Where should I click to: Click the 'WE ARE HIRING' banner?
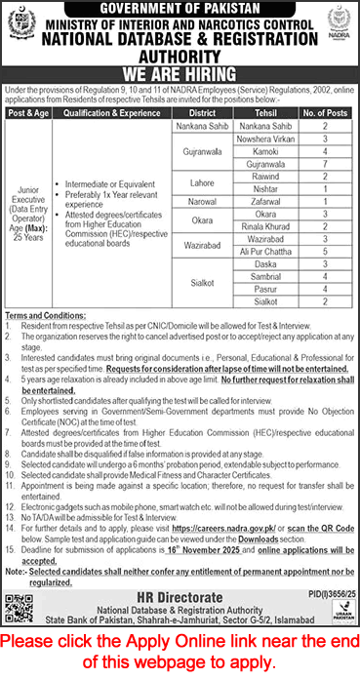click(x=180, y=71)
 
